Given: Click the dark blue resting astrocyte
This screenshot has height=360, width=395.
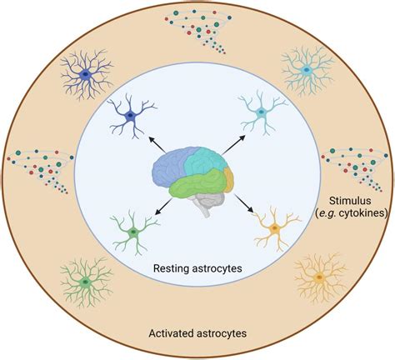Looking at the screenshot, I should tap(130, 117).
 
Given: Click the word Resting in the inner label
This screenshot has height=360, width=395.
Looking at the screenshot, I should tap(172, 268).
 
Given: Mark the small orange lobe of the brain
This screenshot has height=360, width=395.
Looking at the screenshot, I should tap(227, 177).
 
